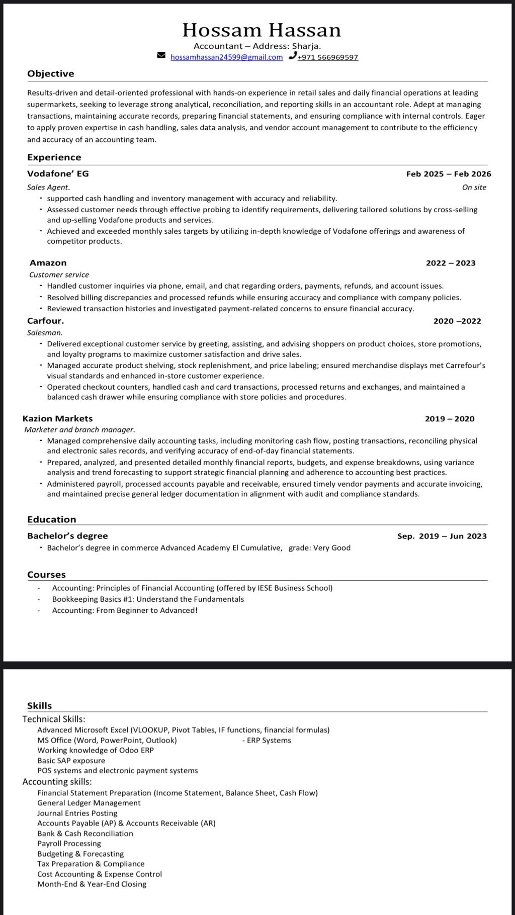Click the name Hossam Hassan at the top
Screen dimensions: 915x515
pyautogui.click(x=262, y=30)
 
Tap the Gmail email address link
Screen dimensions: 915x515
pyautogui.click(x=226, y=57)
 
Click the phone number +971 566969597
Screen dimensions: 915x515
pyautogui.click(x=327, y=57)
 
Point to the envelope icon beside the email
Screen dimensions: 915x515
pyautogui.click(x=161, y=55)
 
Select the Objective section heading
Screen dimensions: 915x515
pyautogui.click(x=50, y=73)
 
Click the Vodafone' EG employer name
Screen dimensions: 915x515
pyautogui.click(x=58, y=173)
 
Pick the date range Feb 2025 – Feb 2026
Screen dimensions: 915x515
pyautogui.click(x=448, y=174)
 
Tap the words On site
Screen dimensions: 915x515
pyautogui.click(x=474, y=187)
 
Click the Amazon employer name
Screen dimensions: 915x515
pyautogui.click(x=48, y=262)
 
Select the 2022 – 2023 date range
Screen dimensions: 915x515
pyautogui.click(x=450, y=263)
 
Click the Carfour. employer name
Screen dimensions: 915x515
pyautogui.click(x=45, y=321)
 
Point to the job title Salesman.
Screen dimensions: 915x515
pyautogui.click(x=45, y=332)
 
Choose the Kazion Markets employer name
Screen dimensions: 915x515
pyautogui.click(x=57, y=418)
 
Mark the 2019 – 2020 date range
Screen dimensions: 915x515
pyautogui.click(x=449, y=419)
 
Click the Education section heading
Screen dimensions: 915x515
pyautogui.click(x=51, y=519)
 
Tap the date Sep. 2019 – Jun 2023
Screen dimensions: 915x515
pyautogui.click(x=442, y=536)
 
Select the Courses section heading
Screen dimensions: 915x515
pyautogui.click(x=46, y=575)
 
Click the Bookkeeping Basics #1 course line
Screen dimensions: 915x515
pyautogui.click(x=148, y=599)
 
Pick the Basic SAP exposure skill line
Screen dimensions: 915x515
pyautogui.click(x=71, y=760)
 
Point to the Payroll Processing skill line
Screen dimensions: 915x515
pyautogui.click(x=69, y=843)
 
